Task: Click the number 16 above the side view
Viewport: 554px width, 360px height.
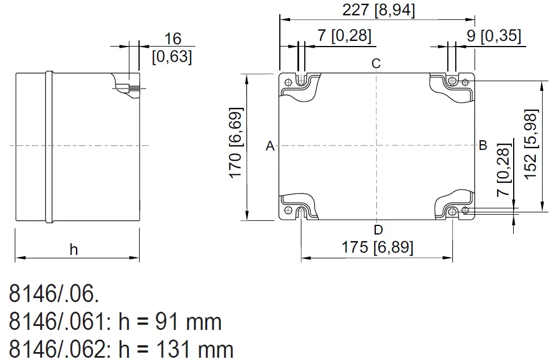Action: coord(173,39)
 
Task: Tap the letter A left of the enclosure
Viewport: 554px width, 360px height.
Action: coord(270,146)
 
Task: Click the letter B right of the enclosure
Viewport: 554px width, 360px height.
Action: coord(483,145)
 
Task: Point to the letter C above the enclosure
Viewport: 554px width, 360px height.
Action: coord(376,63)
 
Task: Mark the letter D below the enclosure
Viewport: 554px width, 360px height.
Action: coord(378,230)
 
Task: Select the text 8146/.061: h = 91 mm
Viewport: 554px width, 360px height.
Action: coord(115,323)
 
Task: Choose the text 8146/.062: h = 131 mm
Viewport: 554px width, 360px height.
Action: coord(121,349)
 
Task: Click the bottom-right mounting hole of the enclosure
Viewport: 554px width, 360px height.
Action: coord(452,212)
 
